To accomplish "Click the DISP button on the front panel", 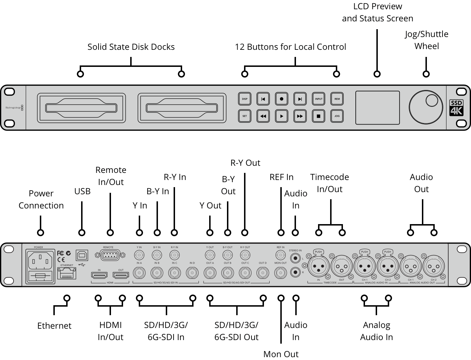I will pyautogui.click(x=245, y=99).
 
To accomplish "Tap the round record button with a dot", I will pyautogui.click(x=281, y=99).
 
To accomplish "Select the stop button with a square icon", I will pyautogui.click(x=318, y=116).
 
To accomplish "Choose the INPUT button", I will pyautogui.click(x=318, y=99).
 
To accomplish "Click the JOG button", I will pyautogui.click(x=337, y=116).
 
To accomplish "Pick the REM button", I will pyautogui.click(x=337, y=99).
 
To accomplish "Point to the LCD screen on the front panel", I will pyautogui.click(x=377, y=107).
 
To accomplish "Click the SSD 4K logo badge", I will pyautogui.click(x=456, y=107).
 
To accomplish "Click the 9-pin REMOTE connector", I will pyautogui.click(x=110, y=255).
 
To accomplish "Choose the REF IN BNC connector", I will pyautogui.click(x=281, y=255).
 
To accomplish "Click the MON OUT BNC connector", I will pyautogui.click(x=281, y=273).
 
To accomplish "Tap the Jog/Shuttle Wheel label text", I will pyautogui.click(x=426, y=40).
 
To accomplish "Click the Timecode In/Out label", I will pyautogui.click(x=329, y=183).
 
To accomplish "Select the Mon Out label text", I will pyautogui.click(x=281, y=354).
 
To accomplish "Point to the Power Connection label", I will pyautogui.click(x=41, y=199).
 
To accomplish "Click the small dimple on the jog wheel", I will pyautogui.click(x=432, y=101).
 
